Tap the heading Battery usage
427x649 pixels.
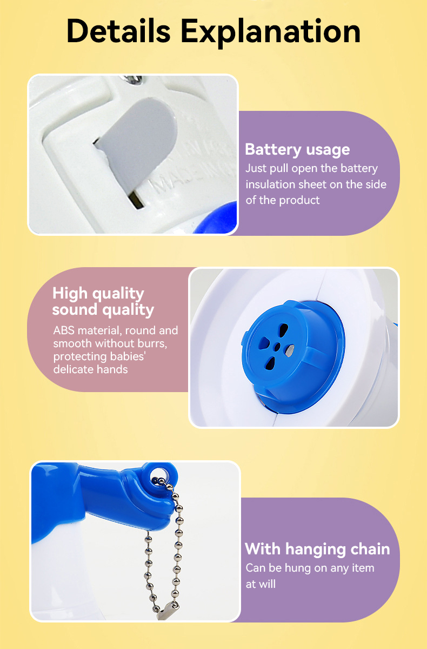[297, 149]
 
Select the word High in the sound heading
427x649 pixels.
[70, 293]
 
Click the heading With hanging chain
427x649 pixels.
[317, 549]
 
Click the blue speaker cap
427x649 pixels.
[292, 346]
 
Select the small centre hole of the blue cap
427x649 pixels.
[277, 346]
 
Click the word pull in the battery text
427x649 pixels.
[279, 169]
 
